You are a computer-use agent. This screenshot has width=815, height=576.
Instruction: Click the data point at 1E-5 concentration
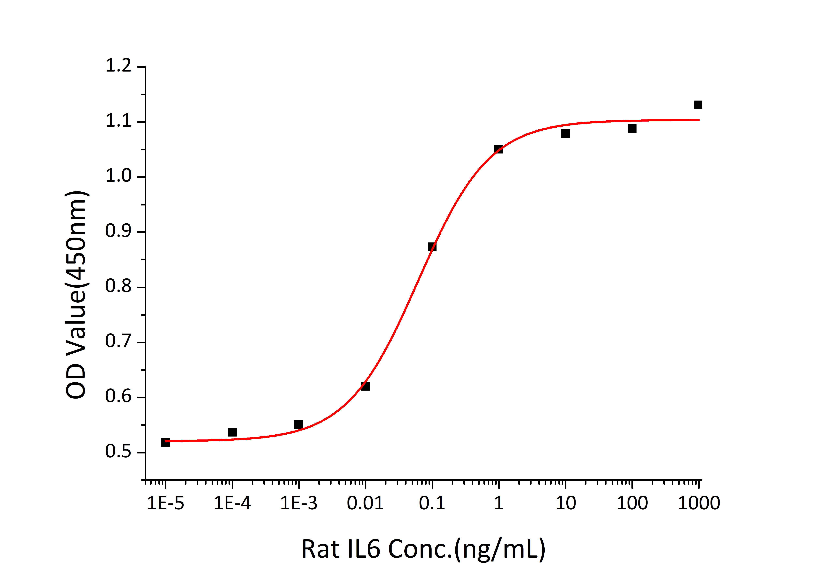165,442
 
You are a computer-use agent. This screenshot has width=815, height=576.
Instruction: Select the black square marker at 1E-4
232,432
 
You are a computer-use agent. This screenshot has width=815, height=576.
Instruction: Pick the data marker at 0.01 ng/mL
365,386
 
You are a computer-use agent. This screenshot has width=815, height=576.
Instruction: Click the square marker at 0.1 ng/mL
432,247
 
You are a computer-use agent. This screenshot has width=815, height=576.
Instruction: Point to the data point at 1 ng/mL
499,149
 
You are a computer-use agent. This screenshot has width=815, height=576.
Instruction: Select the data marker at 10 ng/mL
565,134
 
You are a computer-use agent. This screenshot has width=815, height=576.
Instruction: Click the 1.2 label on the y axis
119,66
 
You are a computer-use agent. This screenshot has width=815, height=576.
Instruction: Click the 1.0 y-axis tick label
119,176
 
